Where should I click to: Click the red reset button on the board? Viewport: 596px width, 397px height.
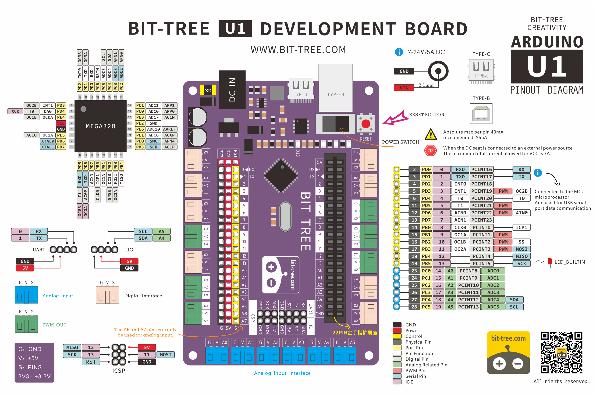[x=365, y=124]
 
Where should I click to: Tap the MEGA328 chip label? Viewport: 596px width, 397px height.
[x=101, y=126]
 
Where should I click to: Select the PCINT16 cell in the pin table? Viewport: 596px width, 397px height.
[x=481, y=169]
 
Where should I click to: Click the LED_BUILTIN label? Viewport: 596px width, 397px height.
[x=569, y=262]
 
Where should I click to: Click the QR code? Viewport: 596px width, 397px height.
[x=561, y=352]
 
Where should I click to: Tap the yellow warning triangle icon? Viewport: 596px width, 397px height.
[x=430, y=134]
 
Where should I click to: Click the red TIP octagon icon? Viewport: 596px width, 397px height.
[x=430, y=150]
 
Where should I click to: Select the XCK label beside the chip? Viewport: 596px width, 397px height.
[x=15, y=111]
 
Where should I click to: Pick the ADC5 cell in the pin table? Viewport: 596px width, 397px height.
[x=493, y=307]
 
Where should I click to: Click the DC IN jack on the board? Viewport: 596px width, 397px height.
[x=232, y=90]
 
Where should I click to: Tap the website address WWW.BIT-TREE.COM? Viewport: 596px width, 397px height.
[x=298, y=50]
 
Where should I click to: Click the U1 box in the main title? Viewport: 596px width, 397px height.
[x=235, y=29]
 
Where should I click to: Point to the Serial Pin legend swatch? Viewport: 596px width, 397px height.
[x=397, y=376]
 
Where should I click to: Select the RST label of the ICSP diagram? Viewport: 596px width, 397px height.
[x=91, y=362]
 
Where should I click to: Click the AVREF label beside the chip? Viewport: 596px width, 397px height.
[x=169, y=129]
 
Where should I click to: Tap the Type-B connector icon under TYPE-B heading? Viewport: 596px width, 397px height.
[x=481, y=113]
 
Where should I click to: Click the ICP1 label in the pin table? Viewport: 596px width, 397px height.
[x=521, y=227]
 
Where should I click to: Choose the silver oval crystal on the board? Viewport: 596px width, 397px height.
[x=285, y=216]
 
